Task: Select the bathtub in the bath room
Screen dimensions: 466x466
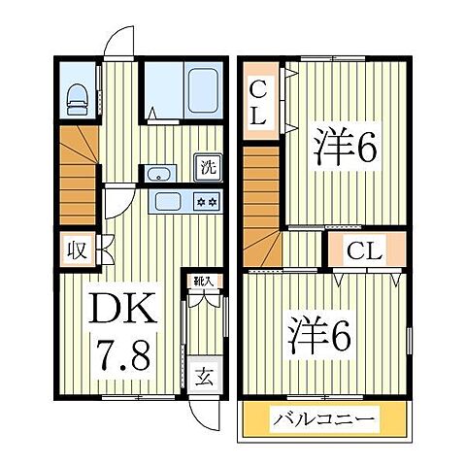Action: tap(203, 92)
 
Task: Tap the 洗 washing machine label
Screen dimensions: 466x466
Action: tap(209, 167)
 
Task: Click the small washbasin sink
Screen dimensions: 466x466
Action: tap(160, 175)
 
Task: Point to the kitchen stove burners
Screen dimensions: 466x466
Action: tap(207, 202)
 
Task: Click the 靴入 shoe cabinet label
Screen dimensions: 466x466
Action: tap(200, 283)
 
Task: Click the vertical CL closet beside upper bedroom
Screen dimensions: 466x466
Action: tap(259, 102)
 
